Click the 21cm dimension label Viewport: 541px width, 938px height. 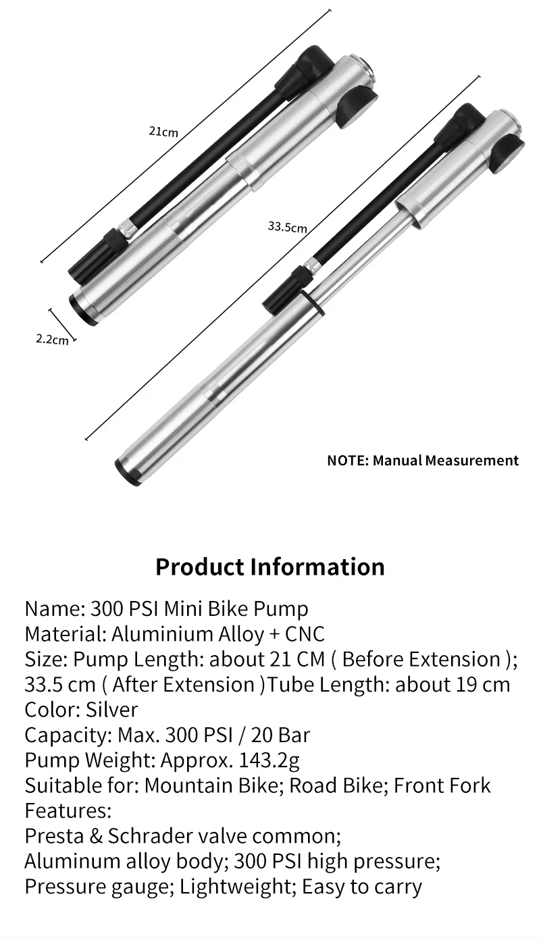coord(163,131)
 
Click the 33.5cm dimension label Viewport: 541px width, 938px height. coord(287,226)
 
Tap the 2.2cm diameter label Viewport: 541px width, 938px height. coord(52,339)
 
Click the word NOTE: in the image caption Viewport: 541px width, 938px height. coord(347,461)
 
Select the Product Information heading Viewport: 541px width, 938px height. coord(270,566)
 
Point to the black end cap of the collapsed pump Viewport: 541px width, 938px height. coord(83,311)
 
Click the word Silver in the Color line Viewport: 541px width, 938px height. coord(111,710)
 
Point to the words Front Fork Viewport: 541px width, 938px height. coord(442,785)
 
